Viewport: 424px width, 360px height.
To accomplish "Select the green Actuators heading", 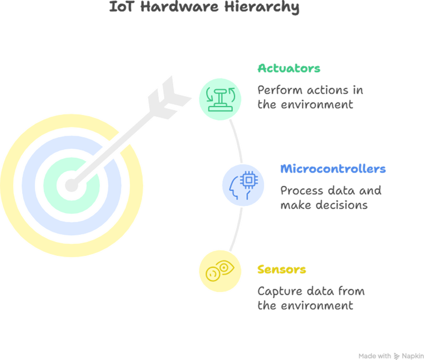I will point(289,68).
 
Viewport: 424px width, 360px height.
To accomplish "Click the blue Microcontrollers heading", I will point(333,169).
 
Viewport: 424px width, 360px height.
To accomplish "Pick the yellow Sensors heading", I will point(282,270).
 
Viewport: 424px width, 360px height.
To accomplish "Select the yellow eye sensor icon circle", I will point(219,271).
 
